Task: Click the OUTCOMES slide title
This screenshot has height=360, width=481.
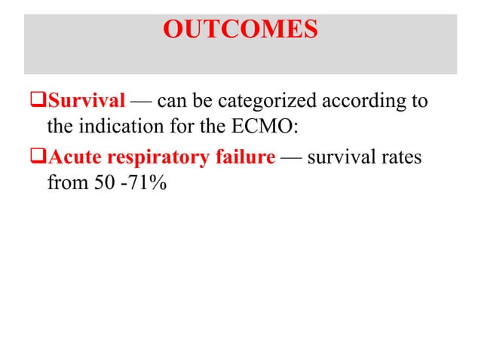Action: [x=240, y=31]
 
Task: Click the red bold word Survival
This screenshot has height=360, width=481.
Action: [x=87, y=101]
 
